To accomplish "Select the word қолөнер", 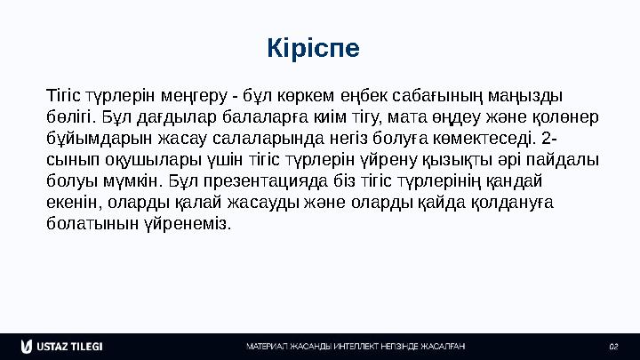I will point(568,117).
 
